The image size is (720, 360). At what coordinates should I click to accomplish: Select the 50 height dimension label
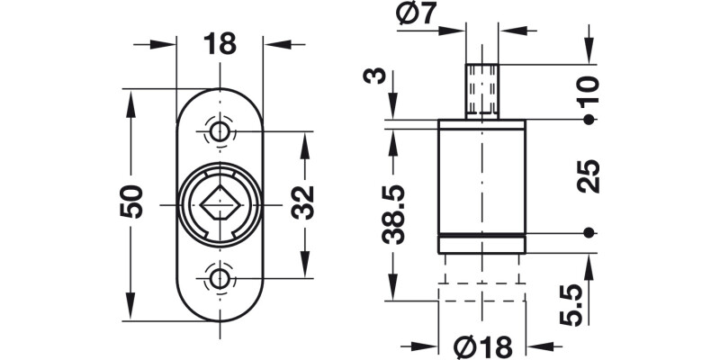[x=131, y=203]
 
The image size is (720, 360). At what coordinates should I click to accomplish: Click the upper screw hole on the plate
[x=219, y=133]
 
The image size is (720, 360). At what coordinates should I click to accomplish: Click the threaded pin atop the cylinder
[x=482, y=91]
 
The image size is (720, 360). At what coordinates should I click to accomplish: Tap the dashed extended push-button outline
[x=481, y=279]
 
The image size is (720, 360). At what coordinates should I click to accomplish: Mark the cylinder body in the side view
[x=481, y=180]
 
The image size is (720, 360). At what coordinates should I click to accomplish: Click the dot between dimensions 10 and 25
[x=589, y=120]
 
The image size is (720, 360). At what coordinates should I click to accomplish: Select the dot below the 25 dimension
[x=589, y=233]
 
